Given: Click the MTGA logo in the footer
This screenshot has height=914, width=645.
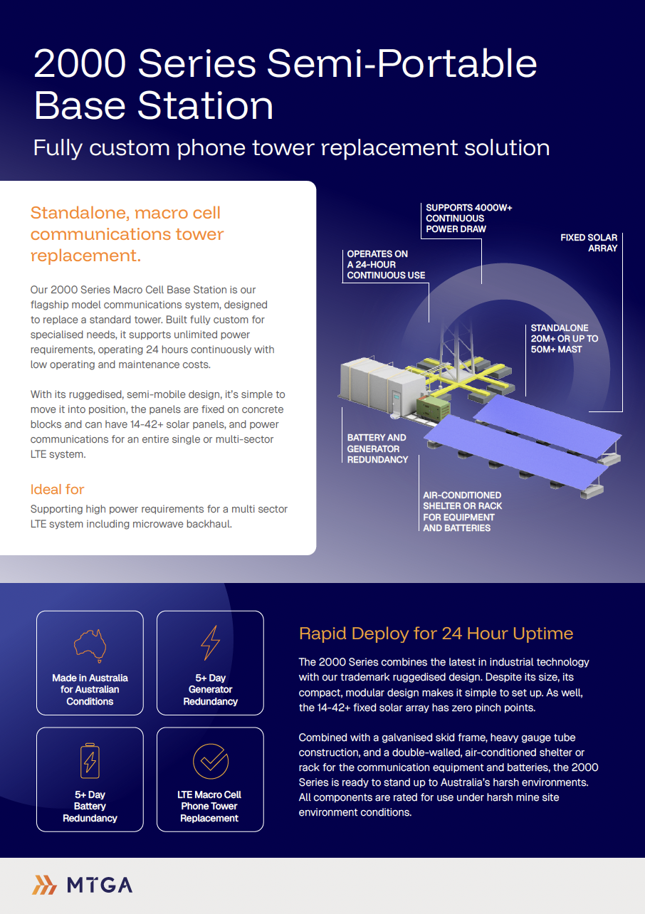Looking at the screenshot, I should tap(83, 885).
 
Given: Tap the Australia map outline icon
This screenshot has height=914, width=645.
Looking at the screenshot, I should tap(90, 644).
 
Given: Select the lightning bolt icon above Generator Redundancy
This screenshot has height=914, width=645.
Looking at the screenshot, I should tap(210, 643).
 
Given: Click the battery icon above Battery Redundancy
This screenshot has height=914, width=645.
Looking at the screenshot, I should tap(90, 761).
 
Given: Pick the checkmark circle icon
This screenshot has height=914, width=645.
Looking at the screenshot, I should tap(210, 761).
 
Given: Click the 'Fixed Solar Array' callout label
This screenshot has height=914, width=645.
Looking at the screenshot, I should tap(589, 243).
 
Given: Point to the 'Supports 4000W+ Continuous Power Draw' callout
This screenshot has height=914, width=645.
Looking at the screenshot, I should tap(469, 219).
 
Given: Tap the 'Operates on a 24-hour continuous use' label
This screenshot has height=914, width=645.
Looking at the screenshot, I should tap(386, 264).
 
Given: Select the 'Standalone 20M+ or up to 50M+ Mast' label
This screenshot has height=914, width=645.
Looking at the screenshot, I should tap(565, 339).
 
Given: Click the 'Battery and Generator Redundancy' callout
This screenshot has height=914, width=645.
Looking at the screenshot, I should tap(377, 448).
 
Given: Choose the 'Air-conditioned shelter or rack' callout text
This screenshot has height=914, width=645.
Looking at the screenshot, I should tap(462, 511).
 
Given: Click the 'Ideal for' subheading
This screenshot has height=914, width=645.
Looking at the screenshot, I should tap(57, 489).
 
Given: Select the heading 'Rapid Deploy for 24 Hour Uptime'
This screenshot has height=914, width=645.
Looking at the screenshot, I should tap(436, 634).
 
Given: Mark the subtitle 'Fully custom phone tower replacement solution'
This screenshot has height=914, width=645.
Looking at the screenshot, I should tap(291, 147).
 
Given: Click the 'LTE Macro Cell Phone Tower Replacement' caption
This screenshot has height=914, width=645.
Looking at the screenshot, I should tap(209, 806).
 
